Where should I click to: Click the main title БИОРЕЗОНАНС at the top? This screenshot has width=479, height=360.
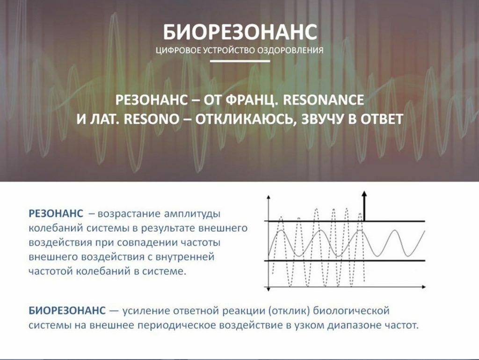point(240,32)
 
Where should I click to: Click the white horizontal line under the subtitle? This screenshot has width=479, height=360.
point(240,61)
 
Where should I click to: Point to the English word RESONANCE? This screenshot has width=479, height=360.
point(324,100)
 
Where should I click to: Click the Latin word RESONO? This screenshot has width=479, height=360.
point(152,119)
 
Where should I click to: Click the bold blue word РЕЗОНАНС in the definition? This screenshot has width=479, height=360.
point(56,213)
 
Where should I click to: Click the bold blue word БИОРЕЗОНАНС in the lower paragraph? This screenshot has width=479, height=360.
point(67,310)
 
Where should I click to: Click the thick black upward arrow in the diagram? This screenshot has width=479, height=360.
point(364,206)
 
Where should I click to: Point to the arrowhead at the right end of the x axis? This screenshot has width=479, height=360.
point(423,287)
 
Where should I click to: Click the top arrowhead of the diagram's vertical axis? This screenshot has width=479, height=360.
point(269,198)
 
